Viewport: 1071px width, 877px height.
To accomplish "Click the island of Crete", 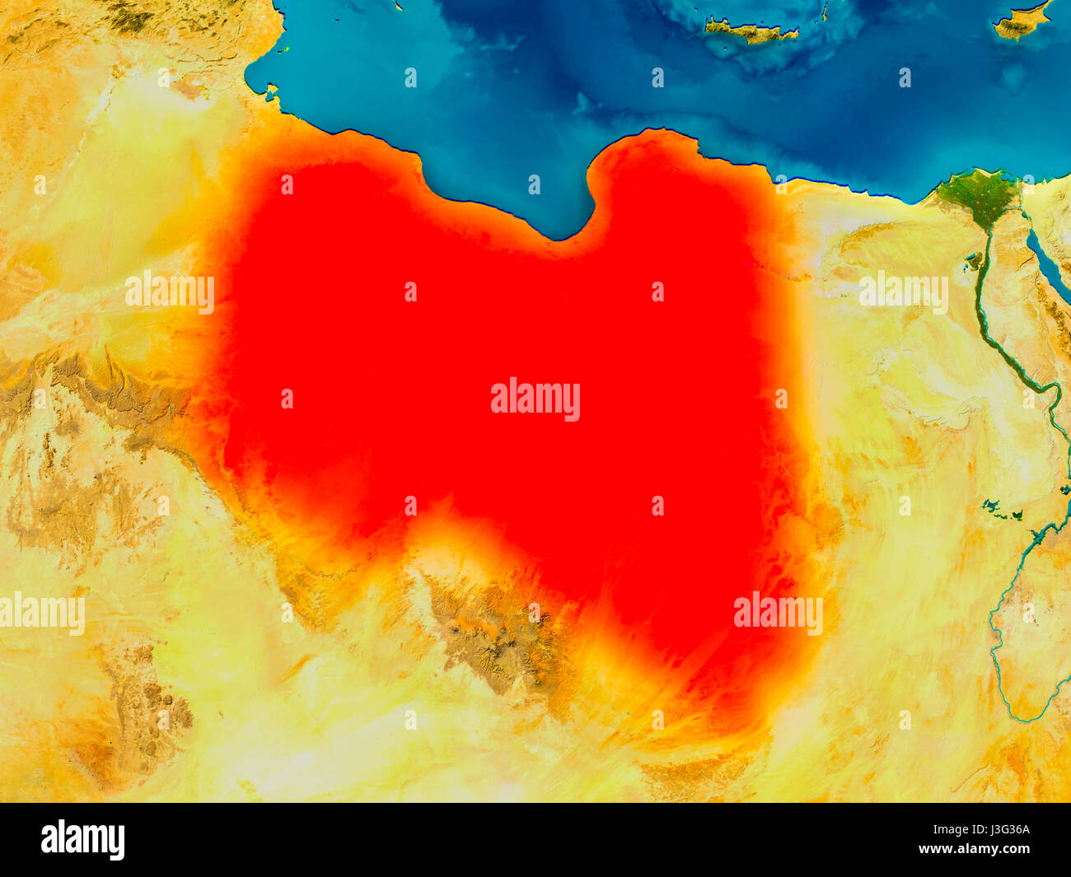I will pyautogui.click(x=750, y=31).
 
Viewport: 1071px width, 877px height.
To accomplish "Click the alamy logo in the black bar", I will pyautogui.click(x=83, y=839).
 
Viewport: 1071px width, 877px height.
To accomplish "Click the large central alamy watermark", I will pyautogui.click(x=535, y=399).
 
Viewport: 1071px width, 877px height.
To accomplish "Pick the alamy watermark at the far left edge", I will pyautogui.click(x=41, y=613).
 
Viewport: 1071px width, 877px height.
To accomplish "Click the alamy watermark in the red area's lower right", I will pyautogui.click(x=778, y=613).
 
